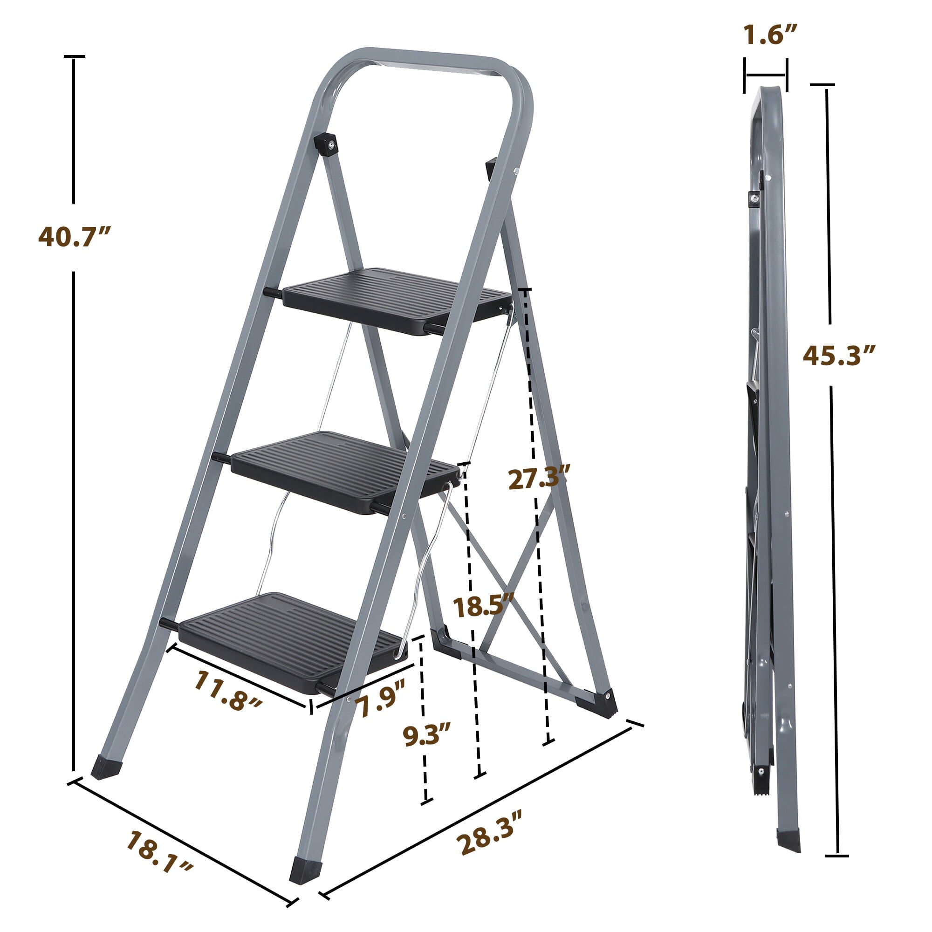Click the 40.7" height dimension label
click(x=75, y=237)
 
